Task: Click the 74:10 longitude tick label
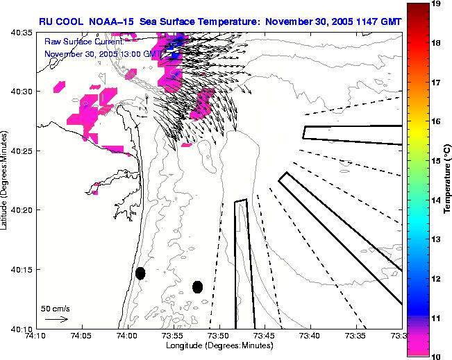coord(36,336)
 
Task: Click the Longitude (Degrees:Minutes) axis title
coord(218,345)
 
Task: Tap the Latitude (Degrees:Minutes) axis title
coord(6,180)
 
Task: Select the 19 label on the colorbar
coord(437,3)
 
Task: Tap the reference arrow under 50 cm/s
coord(56,319)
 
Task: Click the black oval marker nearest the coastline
coord(140,273)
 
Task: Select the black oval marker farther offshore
coord(197,286)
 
